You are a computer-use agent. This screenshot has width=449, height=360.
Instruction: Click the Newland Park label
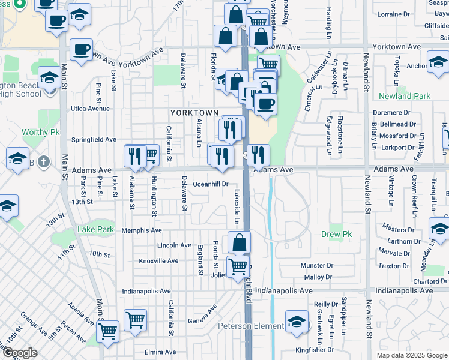(405, 96)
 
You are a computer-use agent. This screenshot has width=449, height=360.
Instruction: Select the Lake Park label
(95, 230)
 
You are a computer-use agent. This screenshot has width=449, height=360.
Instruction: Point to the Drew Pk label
(336, 234)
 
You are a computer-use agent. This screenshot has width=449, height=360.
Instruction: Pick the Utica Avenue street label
(91, 109)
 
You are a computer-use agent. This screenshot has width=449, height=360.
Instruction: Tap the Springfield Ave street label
(94, 139)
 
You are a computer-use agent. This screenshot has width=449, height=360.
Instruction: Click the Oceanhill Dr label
(211, 184)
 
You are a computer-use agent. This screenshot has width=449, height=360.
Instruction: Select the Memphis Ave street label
(142, 230)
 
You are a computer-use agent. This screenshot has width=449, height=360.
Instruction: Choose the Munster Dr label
(316, 265)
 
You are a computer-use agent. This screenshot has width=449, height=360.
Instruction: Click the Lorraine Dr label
(393, 14)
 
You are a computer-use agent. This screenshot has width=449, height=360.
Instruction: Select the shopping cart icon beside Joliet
(238, 266)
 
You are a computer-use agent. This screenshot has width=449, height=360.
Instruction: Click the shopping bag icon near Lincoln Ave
(239, 243)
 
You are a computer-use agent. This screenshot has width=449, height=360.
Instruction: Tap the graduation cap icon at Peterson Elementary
(297, 322)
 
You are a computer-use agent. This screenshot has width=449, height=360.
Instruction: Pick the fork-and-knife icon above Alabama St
(135, 156)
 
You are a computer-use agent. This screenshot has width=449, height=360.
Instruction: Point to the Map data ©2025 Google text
(411, 355)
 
